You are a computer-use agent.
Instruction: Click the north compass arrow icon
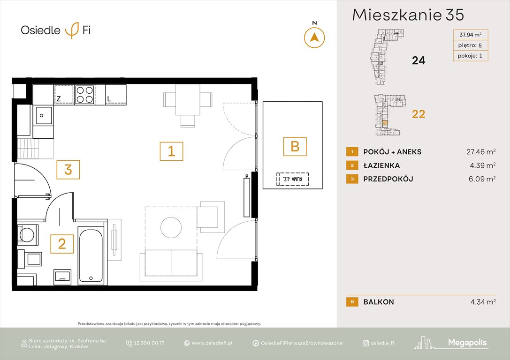click(314, 37)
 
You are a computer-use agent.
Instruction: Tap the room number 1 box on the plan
click(171, 151)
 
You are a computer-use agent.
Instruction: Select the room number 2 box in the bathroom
click(62, 244)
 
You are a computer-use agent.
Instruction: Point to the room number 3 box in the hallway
click(68, 170)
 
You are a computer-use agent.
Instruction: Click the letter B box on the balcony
click(295, 146)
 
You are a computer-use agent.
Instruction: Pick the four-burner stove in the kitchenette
click(85, 94)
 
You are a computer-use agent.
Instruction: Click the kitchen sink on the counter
click(45, 114)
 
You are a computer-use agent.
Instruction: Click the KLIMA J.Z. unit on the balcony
click(290, 179)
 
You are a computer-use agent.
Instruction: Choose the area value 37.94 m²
click(470, 34)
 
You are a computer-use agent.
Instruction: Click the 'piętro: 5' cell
click(470, 45)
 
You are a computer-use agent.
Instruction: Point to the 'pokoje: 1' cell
click(470, 56)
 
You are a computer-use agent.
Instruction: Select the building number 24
click(418, 60)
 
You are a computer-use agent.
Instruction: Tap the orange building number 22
click(418, 114)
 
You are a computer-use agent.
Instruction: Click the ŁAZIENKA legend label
click(381, 165)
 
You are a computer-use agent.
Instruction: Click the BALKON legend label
click(379, 302)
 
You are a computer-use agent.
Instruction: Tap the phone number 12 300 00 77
click(148, 343)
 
